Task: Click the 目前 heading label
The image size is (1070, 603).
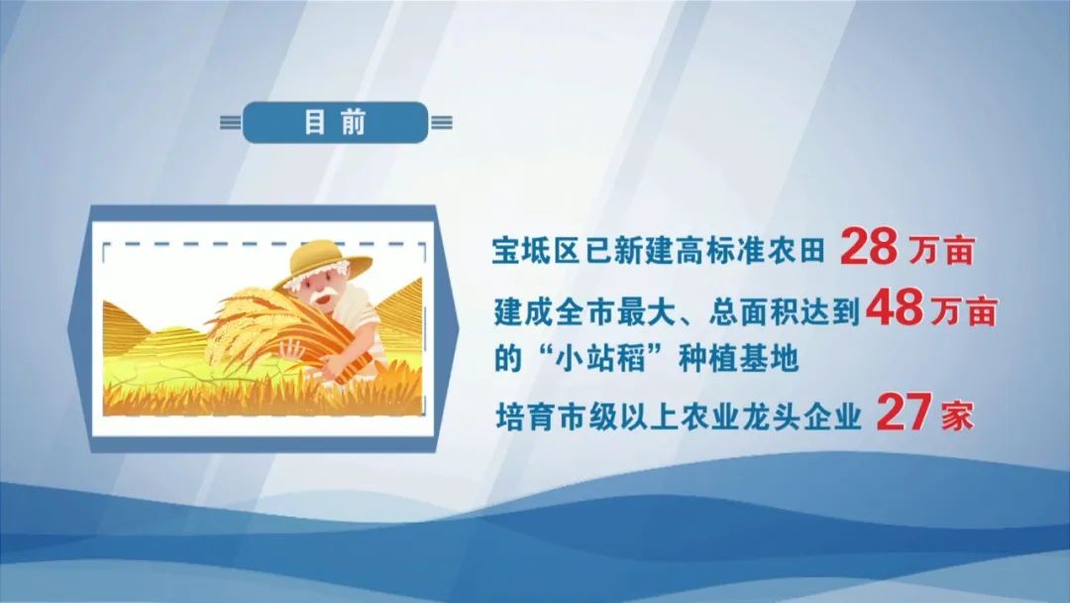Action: pyautogui.click(x=335, y=122)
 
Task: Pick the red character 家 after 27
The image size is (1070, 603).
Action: pyautogui.click(x=957, y=416)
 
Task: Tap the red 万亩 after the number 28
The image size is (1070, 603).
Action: pyautogui.click(x=940, y=251)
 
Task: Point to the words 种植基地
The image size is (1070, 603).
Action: pyautogui.click(x=738, y=357)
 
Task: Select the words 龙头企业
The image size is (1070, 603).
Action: pyautogui.click(x=802, y=416)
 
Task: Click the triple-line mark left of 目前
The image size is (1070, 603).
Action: pyautogui.click(x=231, y=123)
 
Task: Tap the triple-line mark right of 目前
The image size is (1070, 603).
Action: pyautogui.click(x=441, y=123)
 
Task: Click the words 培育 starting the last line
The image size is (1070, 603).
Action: pyautogui.click(x=524, y=416)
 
